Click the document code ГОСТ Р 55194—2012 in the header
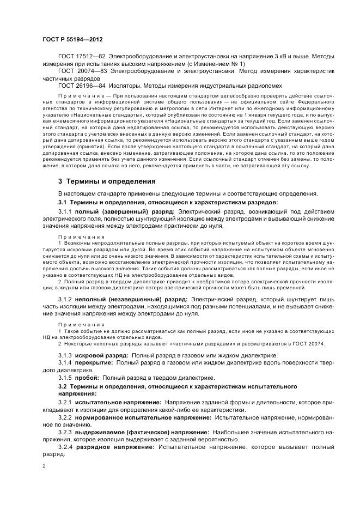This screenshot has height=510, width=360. (72, 40)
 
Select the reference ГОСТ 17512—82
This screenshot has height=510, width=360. (82, 57)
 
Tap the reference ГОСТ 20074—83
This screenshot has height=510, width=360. (82, 71)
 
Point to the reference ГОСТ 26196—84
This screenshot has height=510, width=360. (82, 86)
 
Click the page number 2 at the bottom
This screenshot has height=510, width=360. (44, 466)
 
